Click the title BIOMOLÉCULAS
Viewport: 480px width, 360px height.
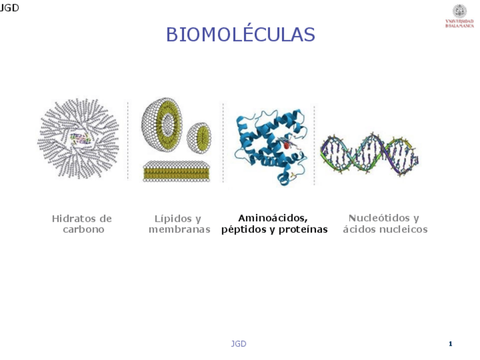pyautogui.click(x=240, y=35)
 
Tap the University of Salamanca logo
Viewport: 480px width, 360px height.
pyautogui.click(x=460, y=16)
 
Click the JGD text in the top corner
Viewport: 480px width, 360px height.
pyautogui.click(x=9, y=8)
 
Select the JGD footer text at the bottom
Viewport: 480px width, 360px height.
pyautogui.click(x=238, y=344)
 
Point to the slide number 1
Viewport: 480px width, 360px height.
pyautogui.click(x=451, y=344)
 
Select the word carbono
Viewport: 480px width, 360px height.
pyautogui.click(x=83, y=230)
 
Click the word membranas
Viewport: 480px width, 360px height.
pyautogui.click(x=179, y=230)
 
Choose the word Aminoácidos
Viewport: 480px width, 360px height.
pyautogui.click(x=273, y=218)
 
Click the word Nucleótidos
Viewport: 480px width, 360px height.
pyautogui.click(x=376, y=218)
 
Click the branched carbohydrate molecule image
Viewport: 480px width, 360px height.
pyautogui.click(x=78, y=138)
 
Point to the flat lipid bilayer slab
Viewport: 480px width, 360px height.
pyautogui.click(x=177, y=171)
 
